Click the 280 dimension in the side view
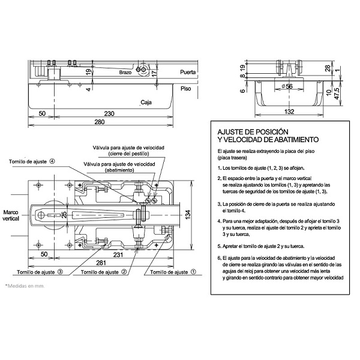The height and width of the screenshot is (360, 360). coord(100,123)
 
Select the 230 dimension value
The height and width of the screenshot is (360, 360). coord(109,113)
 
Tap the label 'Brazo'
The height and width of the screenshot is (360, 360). coord(125,72)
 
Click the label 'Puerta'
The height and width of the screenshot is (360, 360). coord(188,72)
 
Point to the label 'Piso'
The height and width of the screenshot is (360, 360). coord(186,88)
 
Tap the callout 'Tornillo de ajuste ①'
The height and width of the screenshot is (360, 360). coord(173,272)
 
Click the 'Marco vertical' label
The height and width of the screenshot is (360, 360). coord(11,216)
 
